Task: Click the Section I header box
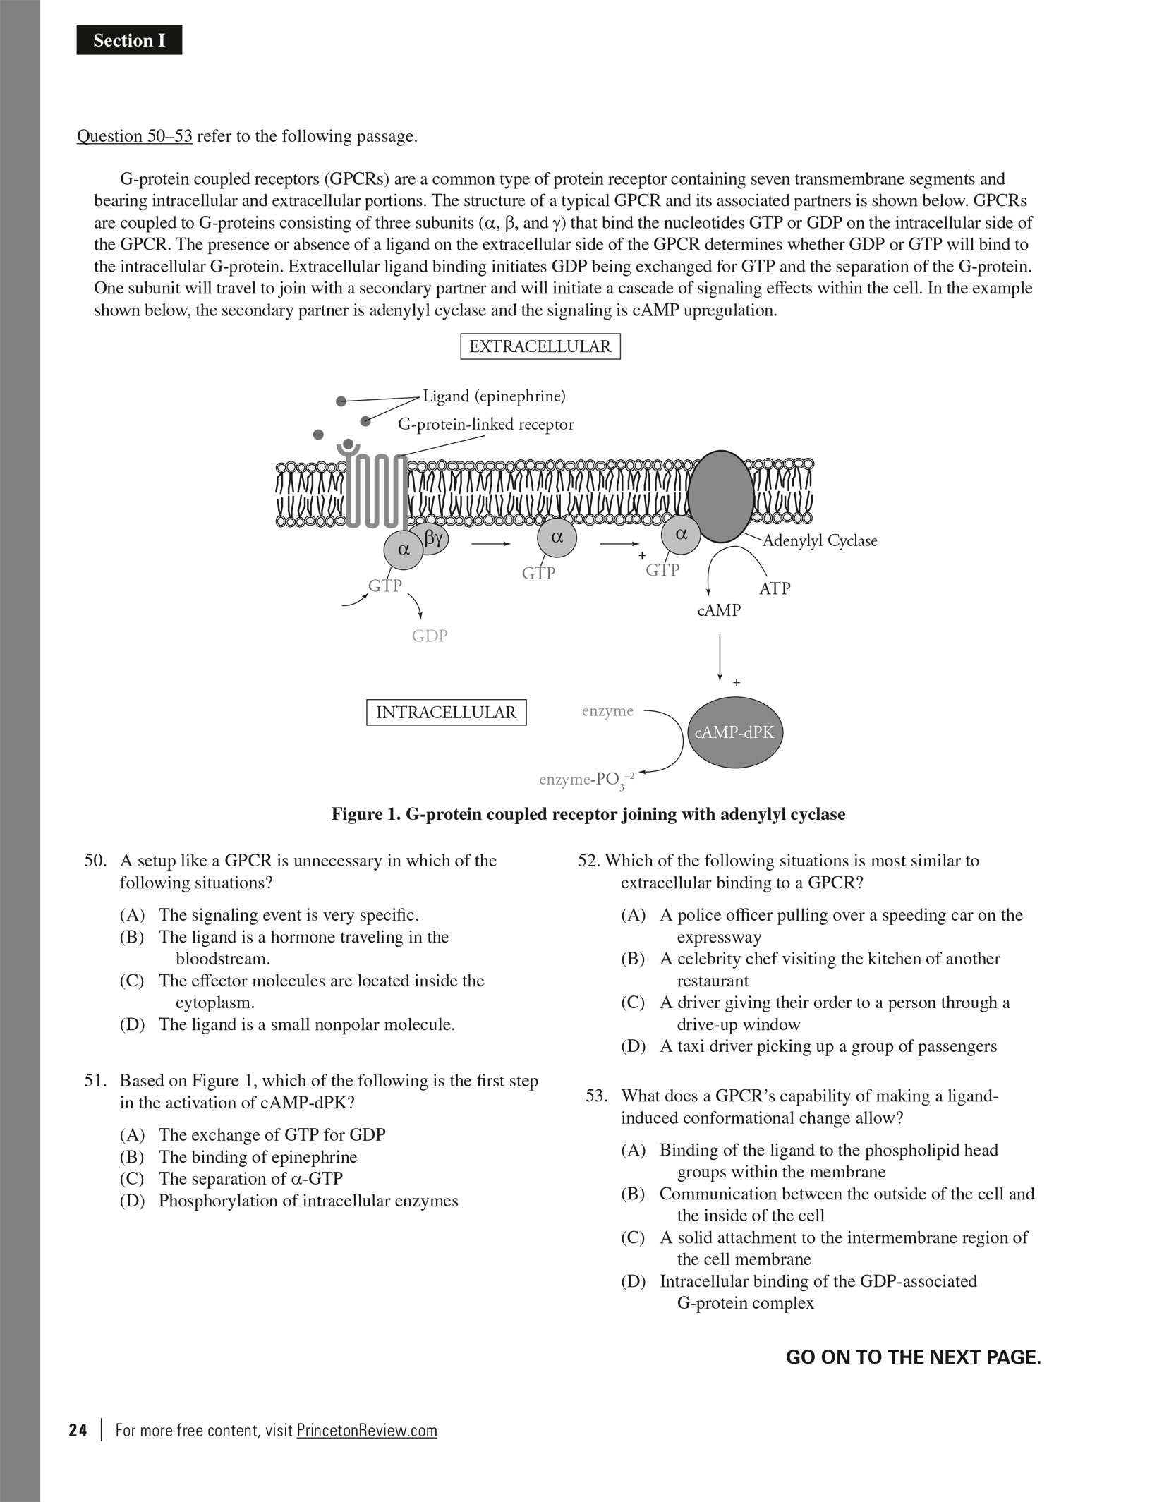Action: coord(129,40)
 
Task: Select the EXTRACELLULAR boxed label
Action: coord(540,346)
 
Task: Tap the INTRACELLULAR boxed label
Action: coord(446,712)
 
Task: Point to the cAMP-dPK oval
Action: coord(734,732)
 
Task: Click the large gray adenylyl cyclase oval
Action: coord(720,497)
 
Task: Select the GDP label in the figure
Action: coord(430,636)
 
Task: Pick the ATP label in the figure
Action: coord(775,588)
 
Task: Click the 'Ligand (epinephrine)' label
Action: coord(494,396)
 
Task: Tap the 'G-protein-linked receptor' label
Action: coord(486,424)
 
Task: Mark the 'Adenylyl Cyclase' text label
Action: coord(820,540)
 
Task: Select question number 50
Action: coord(95,861)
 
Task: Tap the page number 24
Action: coord(78,1430)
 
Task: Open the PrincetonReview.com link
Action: coord(367,1430)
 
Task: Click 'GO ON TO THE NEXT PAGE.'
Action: coord(913,1357)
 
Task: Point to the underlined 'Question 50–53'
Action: coord(134,136)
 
